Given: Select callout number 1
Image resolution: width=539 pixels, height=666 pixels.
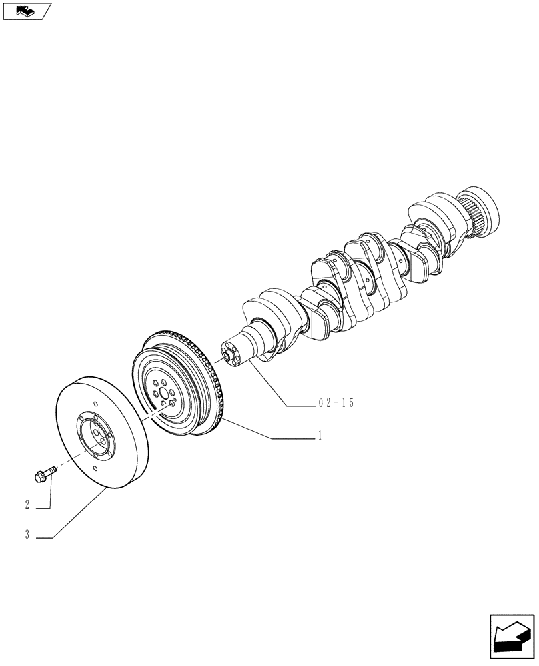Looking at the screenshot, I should [x=320, y=436].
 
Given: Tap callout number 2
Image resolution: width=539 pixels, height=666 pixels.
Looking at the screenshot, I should [x=27, y=505].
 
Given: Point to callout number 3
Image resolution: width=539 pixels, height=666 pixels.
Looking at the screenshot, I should [x=27, y=535].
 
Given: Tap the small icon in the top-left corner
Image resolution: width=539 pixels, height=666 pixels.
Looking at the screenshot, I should [x=27, y=11].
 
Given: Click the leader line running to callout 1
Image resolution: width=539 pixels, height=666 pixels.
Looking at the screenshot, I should [x=267, y=433].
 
